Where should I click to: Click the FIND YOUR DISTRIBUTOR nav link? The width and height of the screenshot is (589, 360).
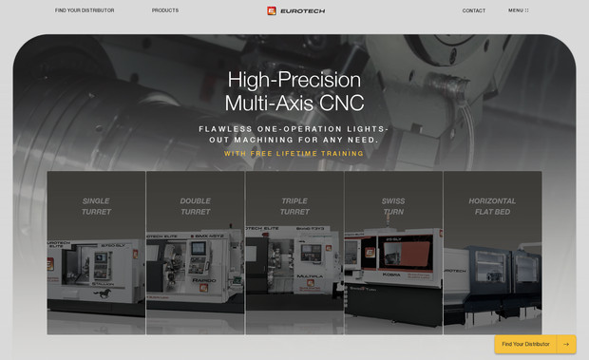(x=85, y=10)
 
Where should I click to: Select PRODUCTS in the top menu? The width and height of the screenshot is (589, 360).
(x=164, y=10)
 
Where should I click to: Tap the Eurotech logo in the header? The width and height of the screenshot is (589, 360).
(x=296, y=10)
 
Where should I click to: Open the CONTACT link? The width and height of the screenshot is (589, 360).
(x=474, y=10)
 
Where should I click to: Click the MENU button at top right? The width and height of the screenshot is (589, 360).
(x=518, y=10)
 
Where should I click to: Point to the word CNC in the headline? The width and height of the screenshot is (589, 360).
(x=343, y=104)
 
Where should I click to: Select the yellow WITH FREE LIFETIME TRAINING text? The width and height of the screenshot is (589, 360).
(x=294, y=153)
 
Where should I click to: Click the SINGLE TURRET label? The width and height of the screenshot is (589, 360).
(x=96, y=206)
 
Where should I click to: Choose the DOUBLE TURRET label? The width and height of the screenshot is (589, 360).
(x=195, y=206)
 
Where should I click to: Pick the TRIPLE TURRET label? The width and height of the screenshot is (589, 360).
(x=294, y=206)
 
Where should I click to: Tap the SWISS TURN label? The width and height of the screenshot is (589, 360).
(x=393, y=206)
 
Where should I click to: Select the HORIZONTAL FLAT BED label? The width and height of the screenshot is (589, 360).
(x=492, y=206)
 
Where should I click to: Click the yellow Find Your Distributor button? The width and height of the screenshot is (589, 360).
(x=525, y=344)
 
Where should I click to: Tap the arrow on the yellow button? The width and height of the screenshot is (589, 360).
(x=566, y=344)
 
